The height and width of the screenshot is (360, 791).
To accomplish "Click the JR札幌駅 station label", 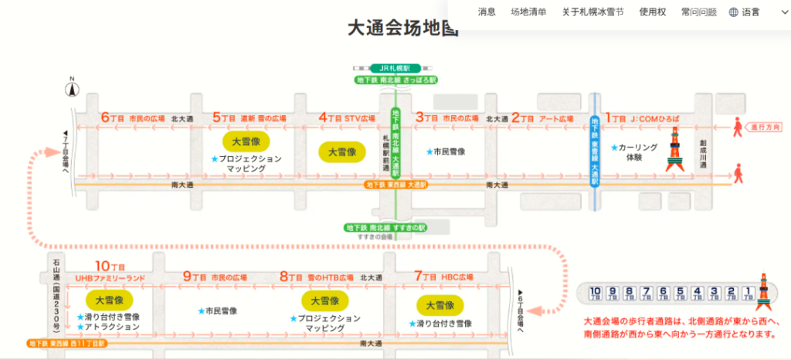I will tap(395, 68).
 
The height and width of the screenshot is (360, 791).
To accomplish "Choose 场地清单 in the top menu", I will tap(528, 12).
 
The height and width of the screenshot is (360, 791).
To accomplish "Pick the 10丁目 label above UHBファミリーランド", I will tap(110, 265).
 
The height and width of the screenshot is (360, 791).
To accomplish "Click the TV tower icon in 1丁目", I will tap(674, 151).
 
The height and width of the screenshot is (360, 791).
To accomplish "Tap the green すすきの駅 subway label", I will tap(387, 227).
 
